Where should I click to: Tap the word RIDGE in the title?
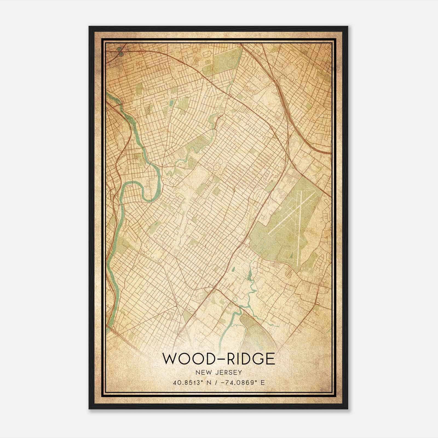coord(248,359)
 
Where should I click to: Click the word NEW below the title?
coord(202,373)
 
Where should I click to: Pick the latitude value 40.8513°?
coord(187,383)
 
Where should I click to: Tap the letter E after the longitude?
coord(263,383)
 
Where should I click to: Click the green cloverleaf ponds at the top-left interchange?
coord(120,51)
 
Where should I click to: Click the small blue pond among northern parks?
coord(171,103)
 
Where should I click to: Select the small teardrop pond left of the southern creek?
coord(233,269)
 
